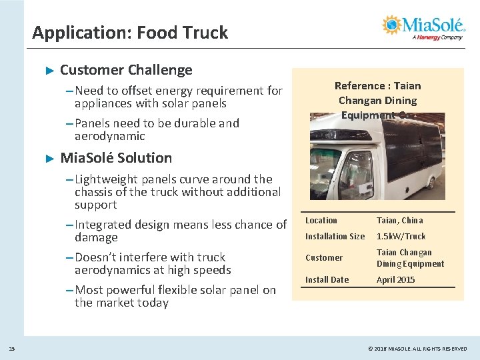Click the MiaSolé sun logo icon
[x=392, y=25]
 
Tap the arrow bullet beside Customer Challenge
[x=48, y=70]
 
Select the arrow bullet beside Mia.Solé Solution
[x=48, y=159]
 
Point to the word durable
[x=197, y=123]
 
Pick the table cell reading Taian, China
[x=399, y=221]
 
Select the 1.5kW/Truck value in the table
[x=401, y=237]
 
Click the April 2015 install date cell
[x=395, y=280]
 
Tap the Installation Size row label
[x=335, y=237]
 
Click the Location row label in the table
[x=321, y=221]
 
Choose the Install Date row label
[x=327, y=280]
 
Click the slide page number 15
[x=11, y=349]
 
